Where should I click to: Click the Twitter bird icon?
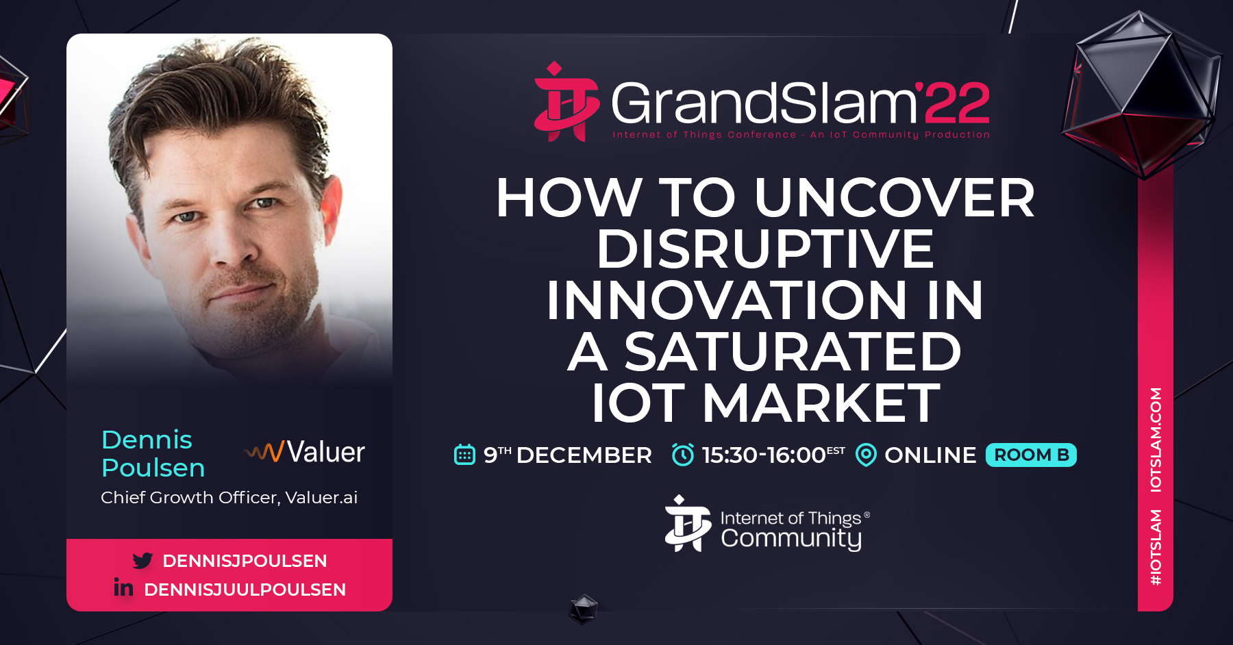142,561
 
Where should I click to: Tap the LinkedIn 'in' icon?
123,587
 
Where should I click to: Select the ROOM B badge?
1031,455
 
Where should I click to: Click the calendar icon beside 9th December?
464,455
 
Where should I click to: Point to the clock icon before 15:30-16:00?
682,455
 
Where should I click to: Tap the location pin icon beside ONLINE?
866,455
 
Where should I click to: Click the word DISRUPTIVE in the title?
765,249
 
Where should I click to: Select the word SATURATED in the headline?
793,351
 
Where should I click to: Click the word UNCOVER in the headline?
895,197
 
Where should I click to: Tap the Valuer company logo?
305,452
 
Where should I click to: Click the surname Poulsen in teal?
153,468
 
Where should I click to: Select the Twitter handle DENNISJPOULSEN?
245,561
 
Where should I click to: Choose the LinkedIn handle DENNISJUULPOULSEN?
245,590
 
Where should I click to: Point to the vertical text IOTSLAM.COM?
1156,440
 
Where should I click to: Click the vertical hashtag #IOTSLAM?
1156,547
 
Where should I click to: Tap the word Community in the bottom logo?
791,539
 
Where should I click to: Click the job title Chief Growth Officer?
190,498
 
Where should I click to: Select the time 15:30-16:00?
764,455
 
